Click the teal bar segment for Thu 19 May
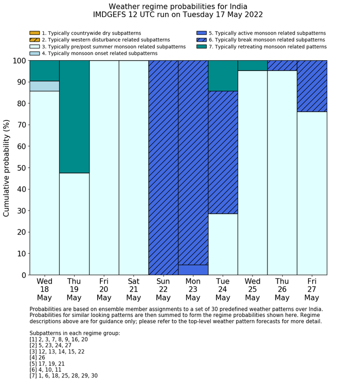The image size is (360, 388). [74, 116]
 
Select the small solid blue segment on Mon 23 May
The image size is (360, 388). [193, 270]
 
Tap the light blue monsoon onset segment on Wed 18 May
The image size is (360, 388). [44, 86]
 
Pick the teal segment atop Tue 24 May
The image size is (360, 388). [223, 76]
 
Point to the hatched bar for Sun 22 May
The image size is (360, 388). [163, 167]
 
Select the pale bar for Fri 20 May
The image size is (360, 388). [104, 167]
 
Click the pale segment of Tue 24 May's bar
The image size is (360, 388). [223, 244]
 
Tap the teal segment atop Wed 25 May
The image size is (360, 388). [253, 65]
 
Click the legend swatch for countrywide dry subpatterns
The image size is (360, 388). [34, 33]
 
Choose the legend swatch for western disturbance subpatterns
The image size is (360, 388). [34, 40]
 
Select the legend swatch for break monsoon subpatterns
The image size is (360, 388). [202, 40]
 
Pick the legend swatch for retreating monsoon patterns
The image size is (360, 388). [202, 46]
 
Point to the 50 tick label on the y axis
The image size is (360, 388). [20, 168]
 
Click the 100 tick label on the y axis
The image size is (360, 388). [17, 61]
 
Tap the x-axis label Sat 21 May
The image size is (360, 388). [133, 290]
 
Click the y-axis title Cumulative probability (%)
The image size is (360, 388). [7, 168]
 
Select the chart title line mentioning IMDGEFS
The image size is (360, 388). [178, 15]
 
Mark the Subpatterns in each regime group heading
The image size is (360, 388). [75, 333]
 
